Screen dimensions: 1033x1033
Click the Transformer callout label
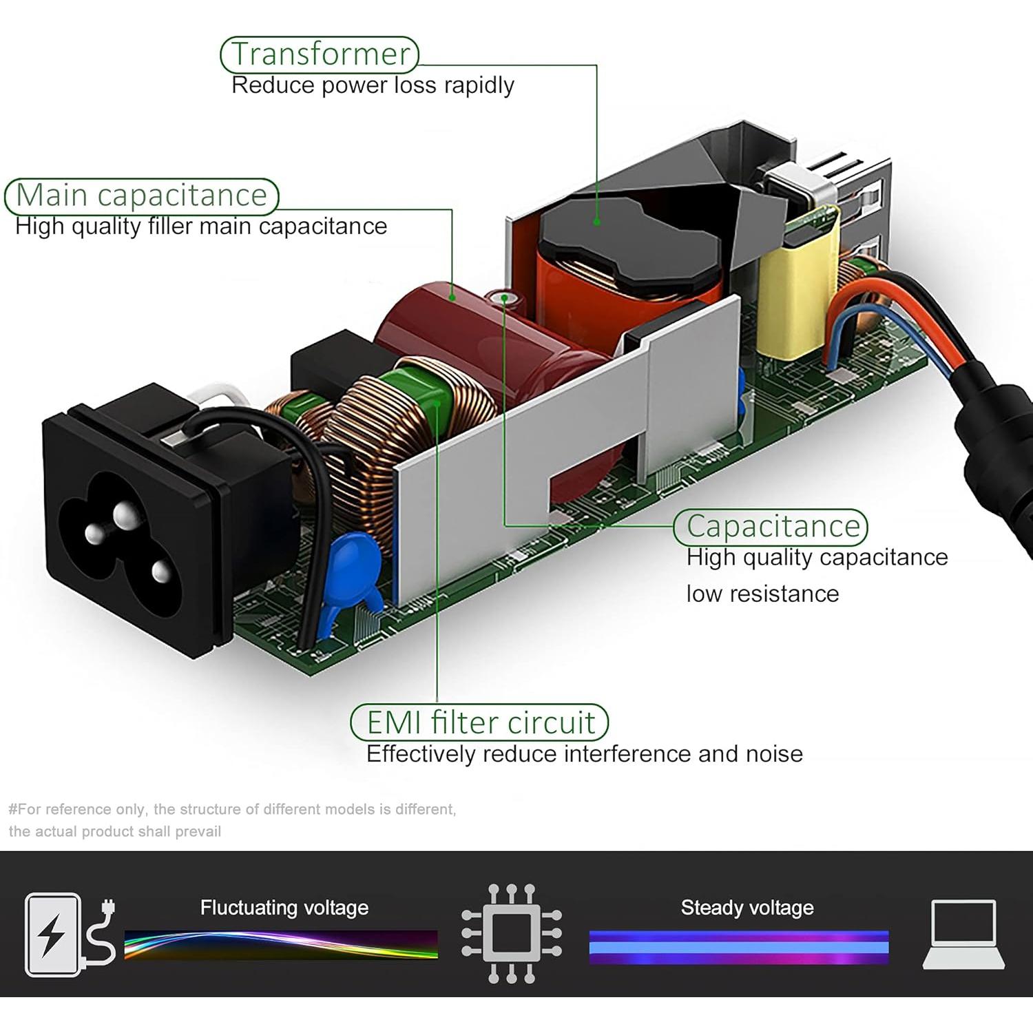point(320,54)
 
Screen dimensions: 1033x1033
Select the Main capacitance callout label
point(141,196)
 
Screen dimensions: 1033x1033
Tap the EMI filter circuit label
point(480,722)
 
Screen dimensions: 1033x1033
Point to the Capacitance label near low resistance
point(771,527)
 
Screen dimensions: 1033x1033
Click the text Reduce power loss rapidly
point(373,85)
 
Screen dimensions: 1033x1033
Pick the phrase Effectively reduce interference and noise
point(584,754)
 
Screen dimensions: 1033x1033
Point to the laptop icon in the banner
point(963,934)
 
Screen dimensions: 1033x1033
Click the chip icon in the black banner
point(511,934)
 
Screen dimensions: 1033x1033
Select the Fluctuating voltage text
point(284,908)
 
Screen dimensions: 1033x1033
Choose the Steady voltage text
point(747,908)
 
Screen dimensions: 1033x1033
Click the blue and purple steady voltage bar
point(739,946)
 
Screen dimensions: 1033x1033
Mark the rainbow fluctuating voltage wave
point(281,944)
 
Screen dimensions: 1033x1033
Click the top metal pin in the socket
point(125,515)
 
